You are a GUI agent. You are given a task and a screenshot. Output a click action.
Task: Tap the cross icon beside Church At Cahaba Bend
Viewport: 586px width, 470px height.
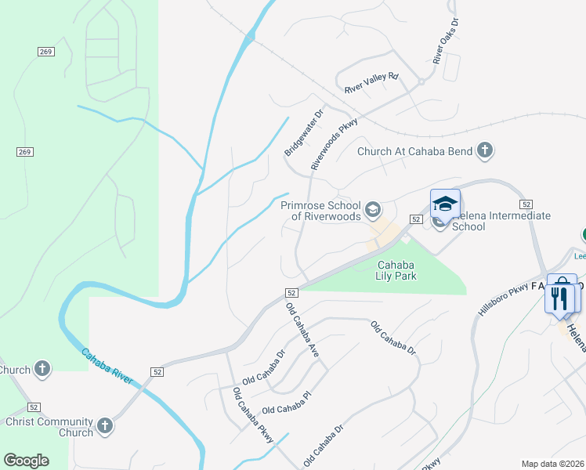coord(485,150)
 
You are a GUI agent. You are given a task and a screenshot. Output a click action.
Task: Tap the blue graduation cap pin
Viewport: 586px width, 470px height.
coord(445,204)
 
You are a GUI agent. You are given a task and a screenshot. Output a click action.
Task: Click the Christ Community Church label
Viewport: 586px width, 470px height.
coord(49,427)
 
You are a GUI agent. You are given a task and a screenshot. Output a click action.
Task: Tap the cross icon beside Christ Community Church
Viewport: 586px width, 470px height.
coord(104,427)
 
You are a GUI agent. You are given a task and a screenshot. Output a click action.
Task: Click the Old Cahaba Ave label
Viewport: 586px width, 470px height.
coord(302,331)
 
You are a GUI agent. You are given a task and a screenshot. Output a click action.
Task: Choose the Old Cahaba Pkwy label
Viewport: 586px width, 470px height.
coord(252,414)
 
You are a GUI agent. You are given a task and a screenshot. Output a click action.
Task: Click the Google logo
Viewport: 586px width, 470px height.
coord(26,461)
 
